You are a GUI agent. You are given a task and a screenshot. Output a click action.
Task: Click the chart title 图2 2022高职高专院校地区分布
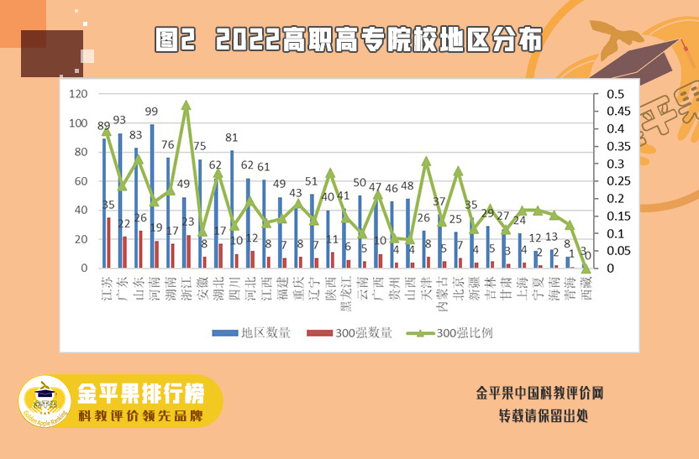pyautogui.click(x=349, y=39)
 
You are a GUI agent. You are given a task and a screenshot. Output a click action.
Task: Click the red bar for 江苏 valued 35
pyautogui.click(x=108, y=243)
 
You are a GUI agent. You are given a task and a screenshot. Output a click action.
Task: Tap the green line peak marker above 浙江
pyautogui.click(x=186, y=105)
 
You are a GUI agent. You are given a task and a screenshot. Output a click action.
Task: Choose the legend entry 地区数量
pyautogui.click(x=252, y=332)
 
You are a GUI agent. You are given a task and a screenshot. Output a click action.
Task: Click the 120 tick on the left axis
pyautogui.click(x=79, y=94)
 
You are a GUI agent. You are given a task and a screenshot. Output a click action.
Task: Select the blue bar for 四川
pyautogui.click(x=231, y=209)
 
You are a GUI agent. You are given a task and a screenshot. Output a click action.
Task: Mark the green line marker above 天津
pyautogui.click(x=426, y=160)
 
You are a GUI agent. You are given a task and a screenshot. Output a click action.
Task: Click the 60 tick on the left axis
pyautogui.click(x=82, y=181)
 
